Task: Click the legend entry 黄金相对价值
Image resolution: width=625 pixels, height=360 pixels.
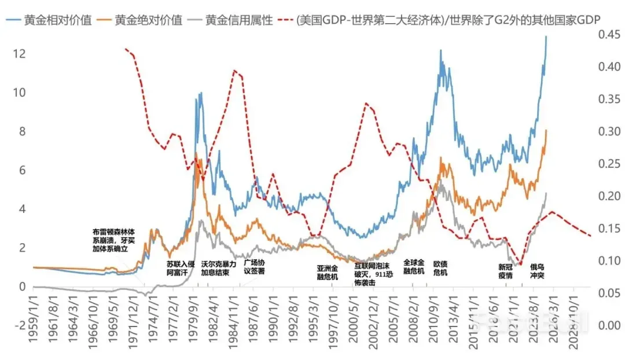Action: tap(57, 20)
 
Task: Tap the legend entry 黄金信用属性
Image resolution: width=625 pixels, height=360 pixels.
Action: tap(239, 20)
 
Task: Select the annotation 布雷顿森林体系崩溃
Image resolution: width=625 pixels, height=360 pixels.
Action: tap(117, 240)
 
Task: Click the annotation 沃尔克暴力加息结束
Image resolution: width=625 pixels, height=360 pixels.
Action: tap(219, 267)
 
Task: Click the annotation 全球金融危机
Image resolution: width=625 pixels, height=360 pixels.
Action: tap(414, 267)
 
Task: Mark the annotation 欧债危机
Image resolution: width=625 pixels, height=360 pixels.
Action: tap(440, 267)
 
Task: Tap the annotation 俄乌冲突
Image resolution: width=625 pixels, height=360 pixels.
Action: tap(537, 271)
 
